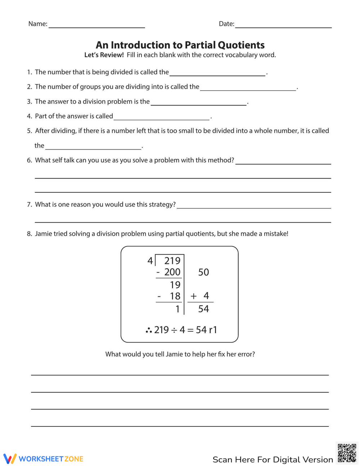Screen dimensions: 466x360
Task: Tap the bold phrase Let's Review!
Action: (104, 55)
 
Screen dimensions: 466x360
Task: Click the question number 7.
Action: (29, 205)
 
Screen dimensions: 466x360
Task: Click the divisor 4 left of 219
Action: (150, 261)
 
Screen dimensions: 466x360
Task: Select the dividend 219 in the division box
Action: (172, 261)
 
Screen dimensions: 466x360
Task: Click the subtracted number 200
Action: (172, 272)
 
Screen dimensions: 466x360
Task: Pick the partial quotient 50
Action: (203, 272)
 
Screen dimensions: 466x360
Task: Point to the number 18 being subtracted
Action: (175, 296)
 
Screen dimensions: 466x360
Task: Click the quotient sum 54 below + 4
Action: (203, 309)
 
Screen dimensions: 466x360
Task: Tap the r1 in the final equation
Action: (213, 330)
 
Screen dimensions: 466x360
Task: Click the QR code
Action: (347, 453)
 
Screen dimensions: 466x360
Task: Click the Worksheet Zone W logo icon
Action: (10, 458)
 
